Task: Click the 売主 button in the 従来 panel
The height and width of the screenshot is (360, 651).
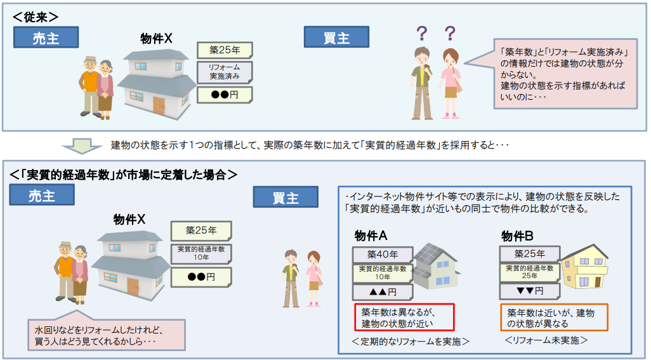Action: click(46, 37)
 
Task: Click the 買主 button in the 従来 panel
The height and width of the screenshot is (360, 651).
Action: click(336, 37)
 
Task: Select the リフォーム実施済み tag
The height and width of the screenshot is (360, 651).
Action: click(224, 72)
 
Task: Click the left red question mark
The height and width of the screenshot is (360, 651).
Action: click(421, 32)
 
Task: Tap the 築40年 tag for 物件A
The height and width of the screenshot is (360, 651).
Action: click(383, 254)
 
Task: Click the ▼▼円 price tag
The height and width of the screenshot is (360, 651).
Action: click(529, 291)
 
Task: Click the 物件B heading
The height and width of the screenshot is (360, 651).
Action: click(517, 236)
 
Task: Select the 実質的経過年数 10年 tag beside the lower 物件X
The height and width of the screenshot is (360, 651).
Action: click(201, 253)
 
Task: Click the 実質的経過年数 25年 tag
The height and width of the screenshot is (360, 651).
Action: click(529, 272)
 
